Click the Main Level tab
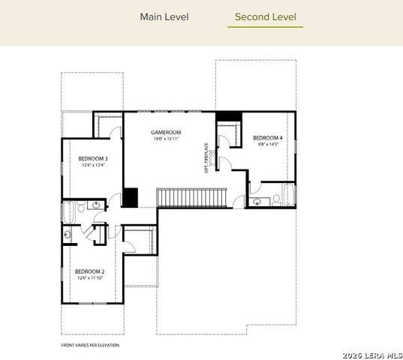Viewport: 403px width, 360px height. pos(164,16)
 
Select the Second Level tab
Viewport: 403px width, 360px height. pos(265,16)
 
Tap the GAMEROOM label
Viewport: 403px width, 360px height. pos(163,132)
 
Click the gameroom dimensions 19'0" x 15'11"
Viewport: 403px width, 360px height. pos(163,139)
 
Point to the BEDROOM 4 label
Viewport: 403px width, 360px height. pos(267,138)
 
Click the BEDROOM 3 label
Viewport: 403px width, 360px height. pos(93,158)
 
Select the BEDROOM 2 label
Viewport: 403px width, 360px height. pos(89,271)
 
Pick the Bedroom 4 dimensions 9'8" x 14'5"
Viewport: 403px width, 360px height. pos(267,145)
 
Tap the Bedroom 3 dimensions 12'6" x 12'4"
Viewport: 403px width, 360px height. pos(93,165)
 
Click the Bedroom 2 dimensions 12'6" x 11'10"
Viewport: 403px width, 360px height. pos(89,277)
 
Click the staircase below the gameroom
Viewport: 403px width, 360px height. pos(191,197)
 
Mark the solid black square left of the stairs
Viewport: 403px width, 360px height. pos(131,197)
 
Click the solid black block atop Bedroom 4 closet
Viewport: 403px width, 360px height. pos(227,116)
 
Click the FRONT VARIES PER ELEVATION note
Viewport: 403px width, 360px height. pos(91,346)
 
